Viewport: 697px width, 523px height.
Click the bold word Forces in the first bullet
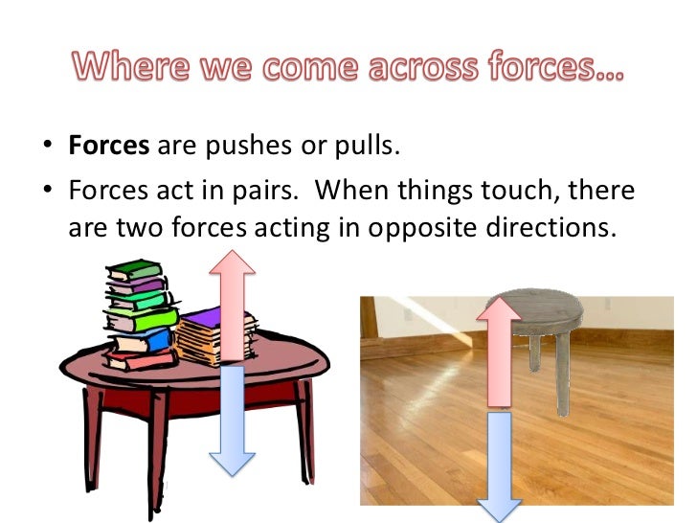click(108, 149)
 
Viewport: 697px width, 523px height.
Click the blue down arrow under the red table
click(233, 421)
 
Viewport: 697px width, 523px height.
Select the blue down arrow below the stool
click(499, 465)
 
